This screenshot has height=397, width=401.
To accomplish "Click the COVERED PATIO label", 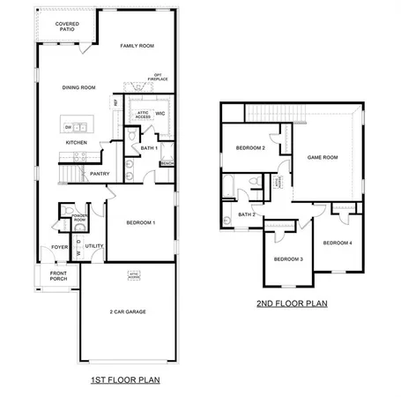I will tap(64, 26).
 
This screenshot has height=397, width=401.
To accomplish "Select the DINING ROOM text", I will tap(78, 87).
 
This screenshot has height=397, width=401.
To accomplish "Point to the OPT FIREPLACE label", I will tap(159, 77).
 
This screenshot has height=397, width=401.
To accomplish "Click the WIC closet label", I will tap(160, 113).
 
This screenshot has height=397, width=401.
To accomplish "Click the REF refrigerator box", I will tap(116, 103).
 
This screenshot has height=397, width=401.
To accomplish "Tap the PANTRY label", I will tap(99, 174).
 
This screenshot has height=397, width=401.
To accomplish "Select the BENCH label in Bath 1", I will tap(167, 163).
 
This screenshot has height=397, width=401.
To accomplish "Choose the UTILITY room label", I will tap(95, 246).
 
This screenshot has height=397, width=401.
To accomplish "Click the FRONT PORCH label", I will tap(59, 276).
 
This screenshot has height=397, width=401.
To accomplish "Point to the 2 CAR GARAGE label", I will tap(128, 311).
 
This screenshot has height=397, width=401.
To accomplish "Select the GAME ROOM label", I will tap(322, 156).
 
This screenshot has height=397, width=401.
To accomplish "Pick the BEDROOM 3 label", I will tap(288, 258).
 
